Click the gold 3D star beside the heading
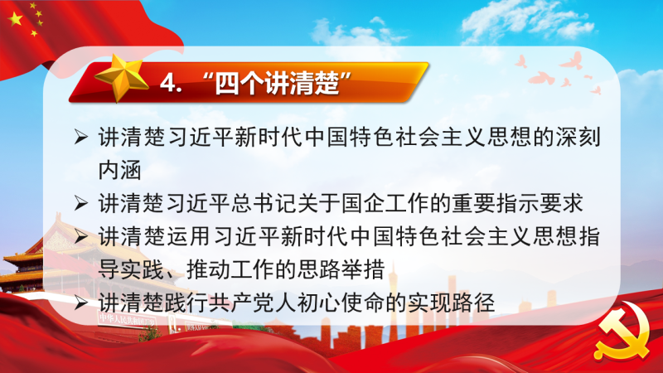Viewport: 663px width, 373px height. pos(121,78)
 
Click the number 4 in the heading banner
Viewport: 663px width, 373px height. pos(168,83)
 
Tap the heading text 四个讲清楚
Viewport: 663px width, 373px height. pos(277,83)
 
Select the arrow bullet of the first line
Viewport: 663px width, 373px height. pos(80,137)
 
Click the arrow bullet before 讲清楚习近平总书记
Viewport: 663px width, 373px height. pos(80,203)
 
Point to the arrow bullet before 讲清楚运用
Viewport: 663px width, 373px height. pos(80,236)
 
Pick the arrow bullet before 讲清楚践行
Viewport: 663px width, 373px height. pos(80,303)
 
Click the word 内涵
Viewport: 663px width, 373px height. pos(119,170)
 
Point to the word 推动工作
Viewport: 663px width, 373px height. pos(230,269)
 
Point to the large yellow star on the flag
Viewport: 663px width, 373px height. pos(16,19)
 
